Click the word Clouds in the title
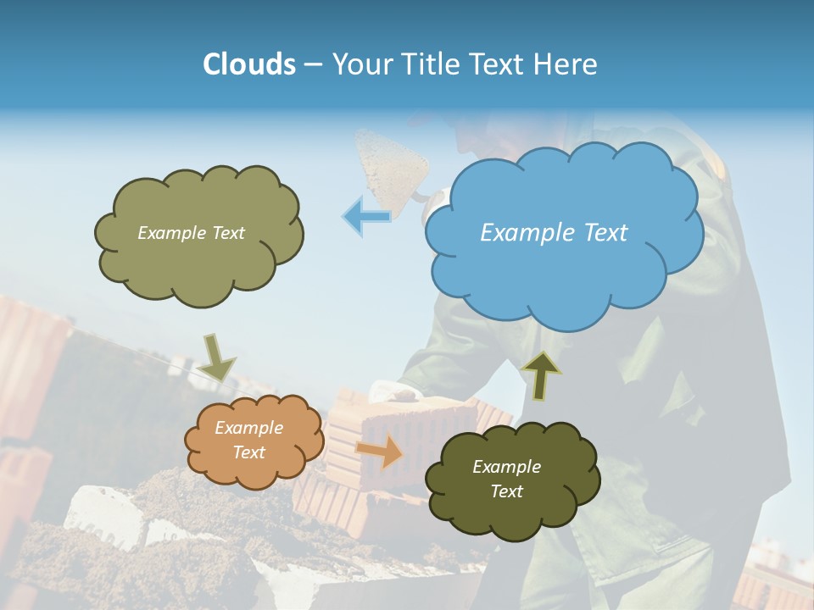[249, 64]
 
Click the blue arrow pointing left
[366, 216]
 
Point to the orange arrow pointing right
[380, 452]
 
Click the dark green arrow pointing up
[542, 374]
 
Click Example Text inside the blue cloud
[554, 233]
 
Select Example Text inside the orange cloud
[248, 440]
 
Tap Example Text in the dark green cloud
[506, 479]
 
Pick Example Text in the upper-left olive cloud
[191, 233]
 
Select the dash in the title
[313, 64]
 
